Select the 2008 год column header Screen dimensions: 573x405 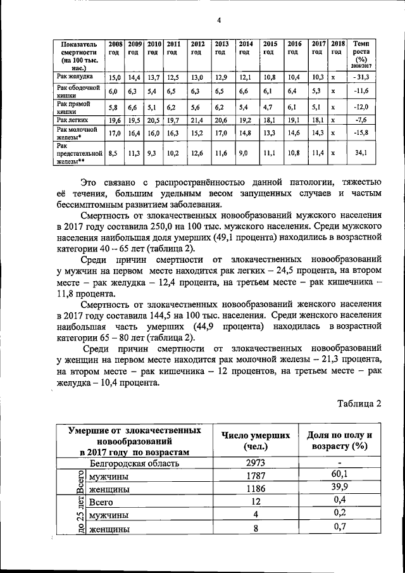[x=115, y=48]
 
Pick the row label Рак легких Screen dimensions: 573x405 [x=70, y=119]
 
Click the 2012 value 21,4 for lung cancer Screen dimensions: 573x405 [x=197, y=120]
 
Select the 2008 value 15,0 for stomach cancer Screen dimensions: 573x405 [x=115, y=78]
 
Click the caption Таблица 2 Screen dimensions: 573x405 [x=359, y=404]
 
